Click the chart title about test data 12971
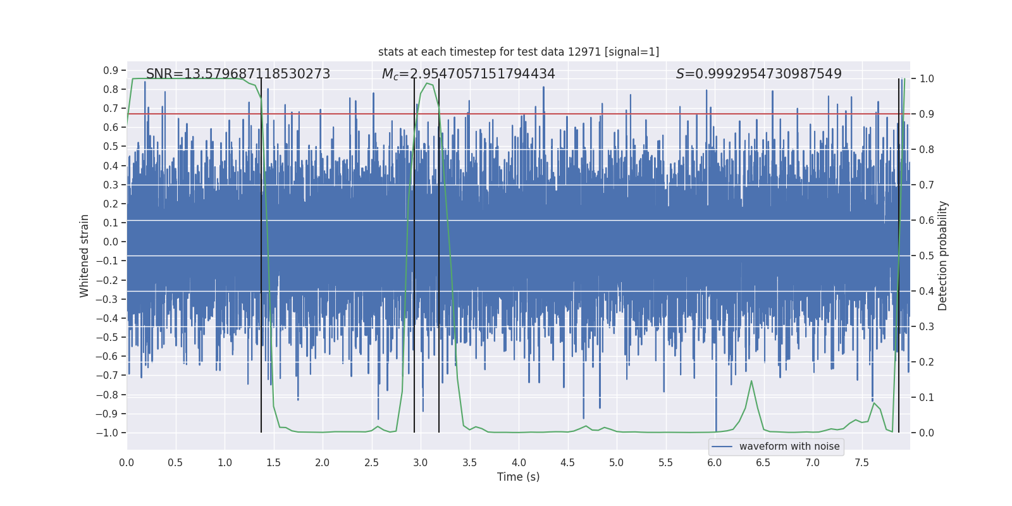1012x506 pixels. [x=519, y=52]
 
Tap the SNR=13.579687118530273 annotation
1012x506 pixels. [x=238, y=74]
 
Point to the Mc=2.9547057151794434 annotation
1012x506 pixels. [x=468, y=74]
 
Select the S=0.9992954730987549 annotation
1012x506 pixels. [x=758, y=74]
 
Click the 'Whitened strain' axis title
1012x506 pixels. [x=85, y=256]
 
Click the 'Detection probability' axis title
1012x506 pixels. [x=943, y=256]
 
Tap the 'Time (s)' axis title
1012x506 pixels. [x=518, y=477]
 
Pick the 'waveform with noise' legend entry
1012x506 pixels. [x=776, y=447]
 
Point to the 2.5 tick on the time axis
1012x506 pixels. [x=371, y=462]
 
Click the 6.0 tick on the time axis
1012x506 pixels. [x=715, y=462]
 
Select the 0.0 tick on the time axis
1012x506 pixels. [x=126, y=462]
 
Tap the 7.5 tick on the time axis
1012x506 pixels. [x=861, y=462]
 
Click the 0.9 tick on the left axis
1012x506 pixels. [x=111, y=70]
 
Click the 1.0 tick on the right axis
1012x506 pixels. [x=927, y=79]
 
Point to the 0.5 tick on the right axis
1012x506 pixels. [x=927, y=256]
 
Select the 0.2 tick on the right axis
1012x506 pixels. [x=927, y=362]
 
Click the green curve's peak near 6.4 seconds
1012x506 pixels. [x=751, y=381]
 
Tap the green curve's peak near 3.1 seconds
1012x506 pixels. [x=428, y=83]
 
